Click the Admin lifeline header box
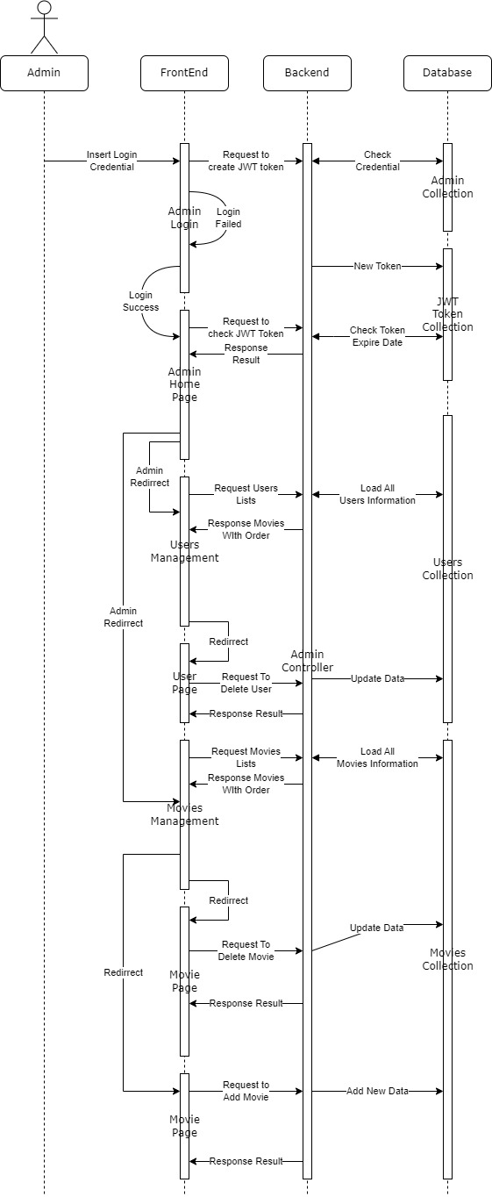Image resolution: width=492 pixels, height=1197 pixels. click(44, 73)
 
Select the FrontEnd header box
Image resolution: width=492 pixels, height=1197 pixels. click(184, 73)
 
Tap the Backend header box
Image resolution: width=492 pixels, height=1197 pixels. click(307, 73)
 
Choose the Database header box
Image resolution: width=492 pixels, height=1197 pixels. click(447, 73)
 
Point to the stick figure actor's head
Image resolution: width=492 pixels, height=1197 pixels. click(45, 8)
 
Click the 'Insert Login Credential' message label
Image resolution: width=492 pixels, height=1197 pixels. click(111, 161)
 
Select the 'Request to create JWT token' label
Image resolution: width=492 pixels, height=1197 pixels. click(246, 161)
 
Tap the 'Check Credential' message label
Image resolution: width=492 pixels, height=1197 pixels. click(378, 161)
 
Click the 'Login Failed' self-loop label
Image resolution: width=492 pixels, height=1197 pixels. click(228, 218)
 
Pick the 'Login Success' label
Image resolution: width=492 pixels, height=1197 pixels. click(140, 301)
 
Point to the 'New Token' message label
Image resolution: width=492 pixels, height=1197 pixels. click(378, 266)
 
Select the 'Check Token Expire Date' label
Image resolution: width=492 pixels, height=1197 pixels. click(378, 336)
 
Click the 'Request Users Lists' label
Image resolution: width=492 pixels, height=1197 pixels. click(246, 494)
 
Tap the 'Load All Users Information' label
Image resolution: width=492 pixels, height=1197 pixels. click(378, 494)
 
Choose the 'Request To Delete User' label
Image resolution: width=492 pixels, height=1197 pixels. click(246, 683)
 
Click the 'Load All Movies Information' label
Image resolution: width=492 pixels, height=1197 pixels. click(378, 757)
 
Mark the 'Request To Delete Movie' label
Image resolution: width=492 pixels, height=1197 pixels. click(246, 950)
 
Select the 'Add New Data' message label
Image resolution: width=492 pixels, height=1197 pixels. click(378, 1091)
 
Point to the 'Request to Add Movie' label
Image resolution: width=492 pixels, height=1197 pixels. click(246, 1091)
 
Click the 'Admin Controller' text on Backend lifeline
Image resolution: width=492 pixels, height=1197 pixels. click(307, 661)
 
